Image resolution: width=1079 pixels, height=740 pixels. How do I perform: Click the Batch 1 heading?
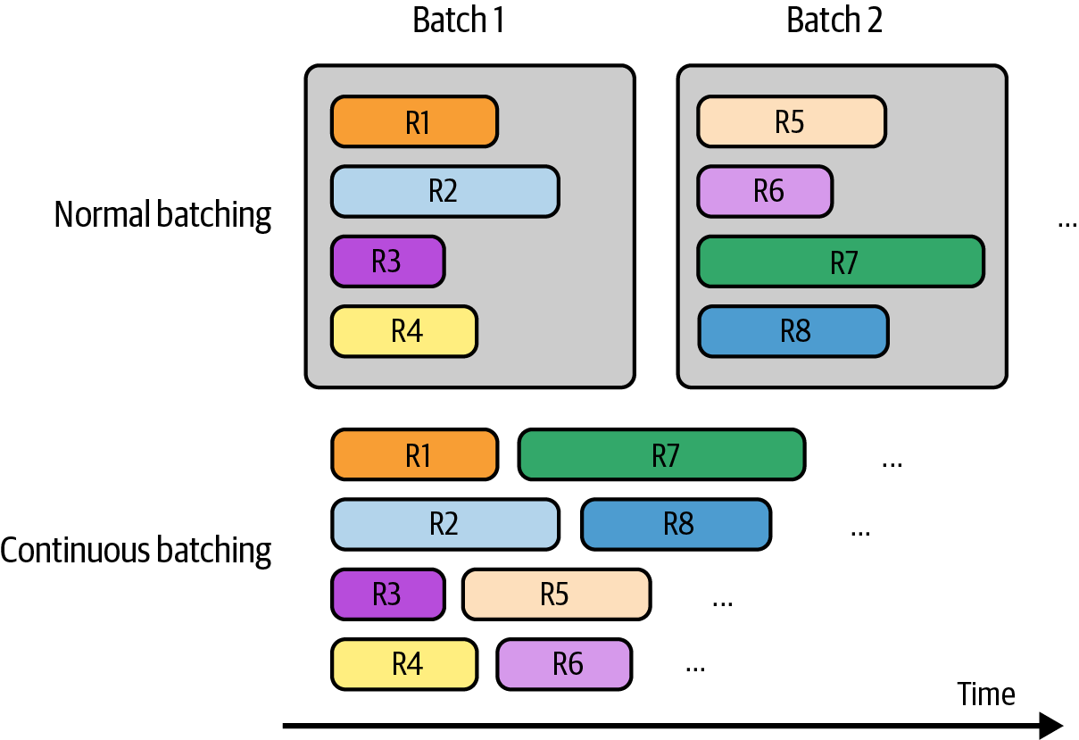coord(458,20)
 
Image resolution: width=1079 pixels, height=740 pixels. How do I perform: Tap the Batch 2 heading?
coord(834,20)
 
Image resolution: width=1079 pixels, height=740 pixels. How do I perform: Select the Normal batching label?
coord(162,215)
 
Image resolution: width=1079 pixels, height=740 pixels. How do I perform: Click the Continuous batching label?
coord(136,550)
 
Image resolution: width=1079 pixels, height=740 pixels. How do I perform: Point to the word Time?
coord(986,694)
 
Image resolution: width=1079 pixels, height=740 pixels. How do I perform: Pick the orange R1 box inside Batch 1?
coord(414,121)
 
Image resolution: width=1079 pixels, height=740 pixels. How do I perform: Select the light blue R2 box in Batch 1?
coord(444,191)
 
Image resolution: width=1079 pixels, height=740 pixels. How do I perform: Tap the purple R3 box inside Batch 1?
coord(387,262)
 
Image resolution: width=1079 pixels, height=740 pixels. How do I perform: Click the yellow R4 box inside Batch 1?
coord(403,331)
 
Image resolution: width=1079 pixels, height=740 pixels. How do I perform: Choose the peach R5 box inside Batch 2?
coord(792,121)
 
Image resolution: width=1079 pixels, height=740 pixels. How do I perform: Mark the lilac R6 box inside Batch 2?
coord(765,191)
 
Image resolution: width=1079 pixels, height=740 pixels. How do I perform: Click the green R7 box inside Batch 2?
coord(840,262)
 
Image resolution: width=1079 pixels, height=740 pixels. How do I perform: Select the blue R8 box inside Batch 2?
coord(793,331)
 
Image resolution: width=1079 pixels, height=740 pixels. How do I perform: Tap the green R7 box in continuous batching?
coord(661,455)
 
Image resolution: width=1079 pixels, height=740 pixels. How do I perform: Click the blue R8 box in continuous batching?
coord(676,524)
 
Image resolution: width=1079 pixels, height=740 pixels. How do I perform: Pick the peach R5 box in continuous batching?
coord(556,594)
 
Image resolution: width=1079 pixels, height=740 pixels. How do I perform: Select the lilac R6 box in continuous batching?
coord(564,664)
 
